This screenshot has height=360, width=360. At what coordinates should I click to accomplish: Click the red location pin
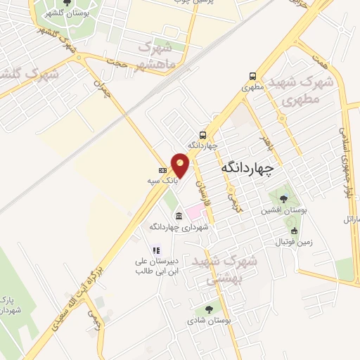point(181,165)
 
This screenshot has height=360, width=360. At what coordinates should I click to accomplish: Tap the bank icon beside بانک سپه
point(163,170)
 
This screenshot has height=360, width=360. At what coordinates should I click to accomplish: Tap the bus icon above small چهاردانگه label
point(202,135)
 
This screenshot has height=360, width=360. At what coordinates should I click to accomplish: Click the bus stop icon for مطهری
point(252,77)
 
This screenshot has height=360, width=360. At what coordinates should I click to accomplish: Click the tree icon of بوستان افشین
point(284,198)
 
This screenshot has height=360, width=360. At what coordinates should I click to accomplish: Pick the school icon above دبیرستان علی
point(156,250)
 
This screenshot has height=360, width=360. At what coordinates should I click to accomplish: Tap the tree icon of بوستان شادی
point(209,309)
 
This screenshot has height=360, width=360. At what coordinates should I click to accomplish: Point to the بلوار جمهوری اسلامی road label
point(345,162)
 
